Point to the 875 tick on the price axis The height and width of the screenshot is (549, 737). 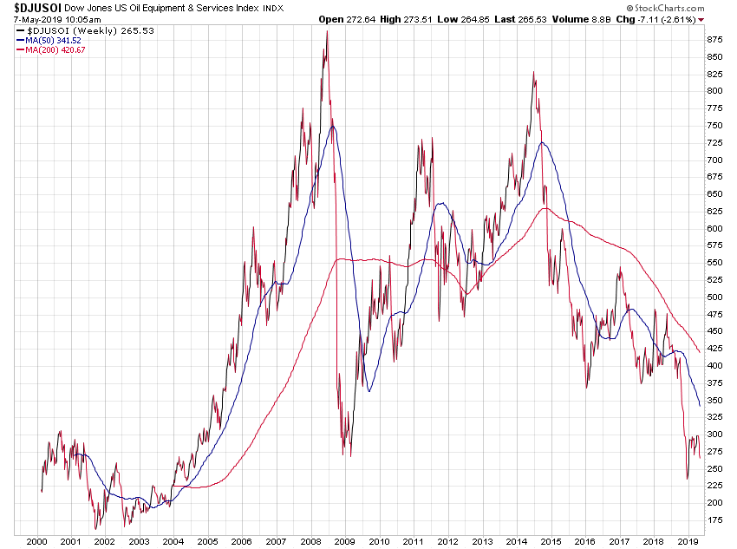[714, 40]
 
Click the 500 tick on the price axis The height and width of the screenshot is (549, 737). [714, 297]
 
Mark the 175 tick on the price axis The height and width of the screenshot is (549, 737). [714, 520]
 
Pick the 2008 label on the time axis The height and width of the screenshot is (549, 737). [310, 540]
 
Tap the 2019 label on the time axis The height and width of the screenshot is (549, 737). [687, 540]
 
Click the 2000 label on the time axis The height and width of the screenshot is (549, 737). [36, 540]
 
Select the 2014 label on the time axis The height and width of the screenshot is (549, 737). [516, 540]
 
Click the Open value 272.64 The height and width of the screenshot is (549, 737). [362, 18]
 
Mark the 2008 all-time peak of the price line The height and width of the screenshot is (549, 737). [326, 32]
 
